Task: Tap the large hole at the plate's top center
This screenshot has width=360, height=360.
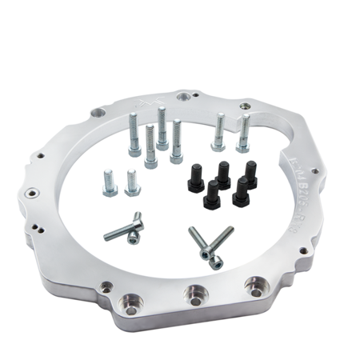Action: tap(186, 96)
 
